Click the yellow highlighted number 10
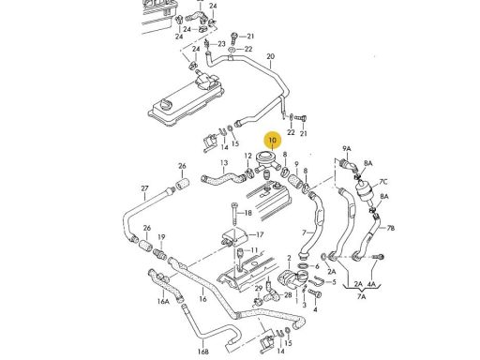tap(273, 141)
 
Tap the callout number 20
tap(271, 56)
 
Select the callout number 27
tap(144, 188)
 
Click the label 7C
tap(383, 182)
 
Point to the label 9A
tap(347, 148)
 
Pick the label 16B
tap(202, 352)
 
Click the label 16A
tap(163, 302)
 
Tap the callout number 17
tap(260, 234)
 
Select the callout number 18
tap(247, 213)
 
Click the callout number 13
tap(224, 163)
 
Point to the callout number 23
tap(221, 44)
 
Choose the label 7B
tap(391, 228)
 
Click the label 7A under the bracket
tap(361, 296)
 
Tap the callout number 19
tap(161, 237)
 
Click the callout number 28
tap(288, 294)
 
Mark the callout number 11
tap(254, 250)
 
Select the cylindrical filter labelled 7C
tap(364, 189)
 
